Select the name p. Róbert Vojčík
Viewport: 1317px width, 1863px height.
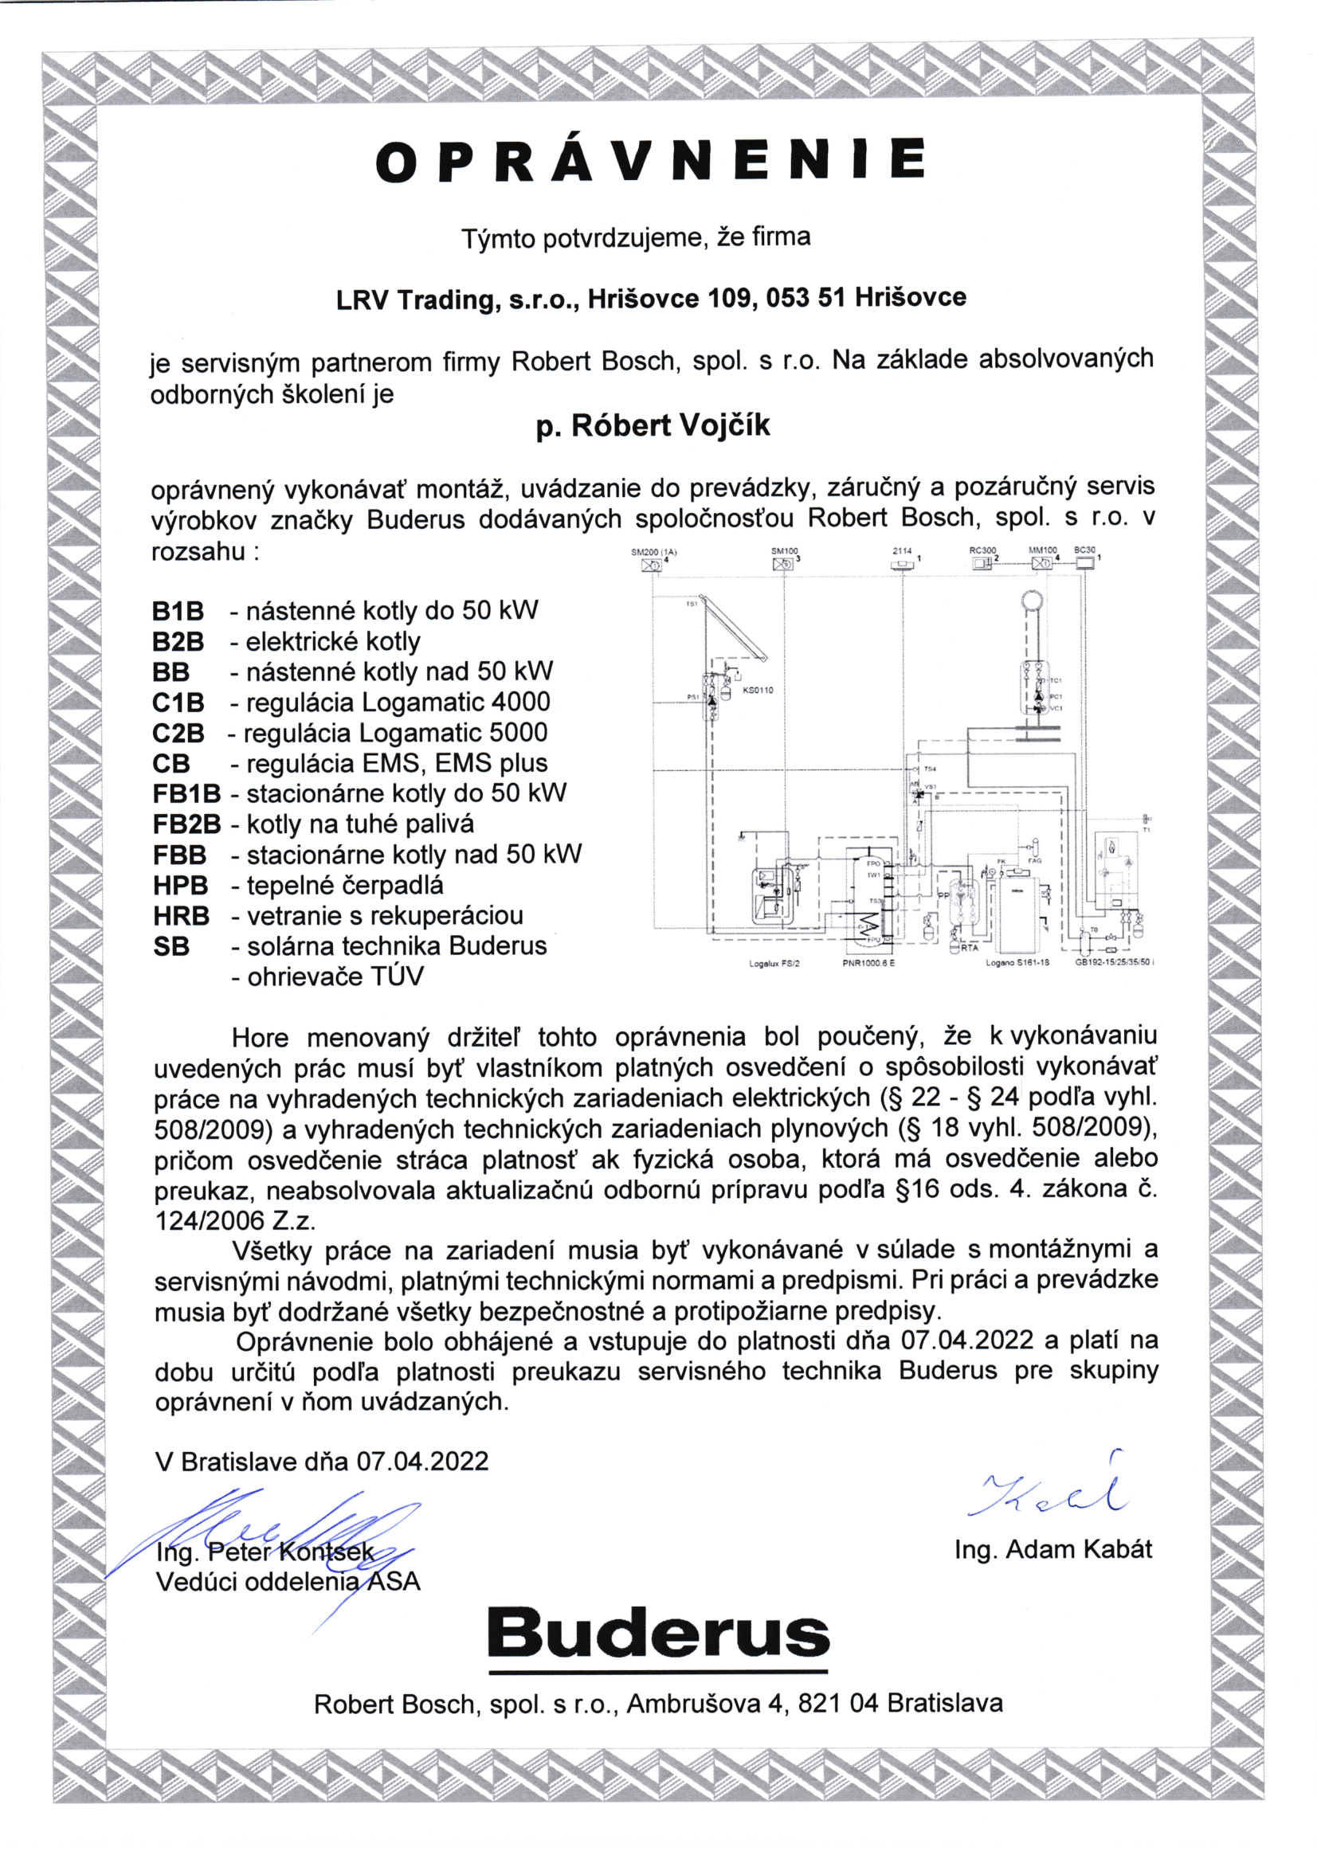(653, 426)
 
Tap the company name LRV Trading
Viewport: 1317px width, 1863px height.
(414, 299)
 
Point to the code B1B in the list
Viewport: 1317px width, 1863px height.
(178, 611)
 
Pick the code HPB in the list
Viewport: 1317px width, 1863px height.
(180, 885)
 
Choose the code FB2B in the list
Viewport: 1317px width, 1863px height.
(186, 824)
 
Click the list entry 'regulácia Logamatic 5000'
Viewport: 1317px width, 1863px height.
(396, 733)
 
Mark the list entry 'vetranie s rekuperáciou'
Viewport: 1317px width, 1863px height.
(385, 916)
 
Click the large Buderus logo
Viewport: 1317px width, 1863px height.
(658, 1634)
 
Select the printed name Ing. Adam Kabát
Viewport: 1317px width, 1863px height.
(1052, 1549)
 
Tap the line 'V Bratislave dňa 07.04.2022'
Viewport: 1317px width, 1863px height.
(322, 1462)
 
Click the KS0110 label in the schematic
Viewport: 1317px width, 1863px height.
(758, 691)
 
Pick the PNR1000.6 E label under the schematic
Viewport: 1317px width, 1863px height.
(868, 963)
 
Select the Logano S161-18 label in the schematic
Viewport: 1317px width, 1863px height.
(1017, 963)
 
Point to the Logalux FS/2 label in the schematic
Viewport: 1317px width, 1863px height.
(774, 964)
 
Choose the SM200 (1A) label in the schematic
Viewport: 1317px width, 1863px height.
(653, 552)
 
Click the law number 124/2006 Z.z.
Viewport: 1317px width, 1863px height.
(235, 1220)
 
